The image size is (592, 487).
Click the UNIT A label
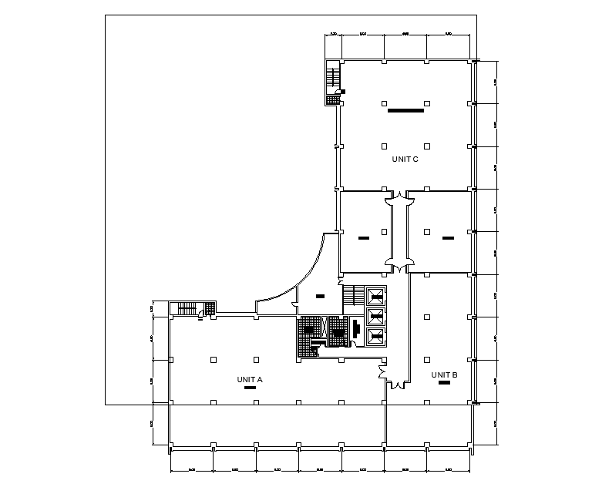tap(251, 379)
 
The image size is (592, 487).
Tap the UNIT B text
tap(445, 375)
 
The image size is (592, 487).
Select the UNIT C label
tap(405, 160)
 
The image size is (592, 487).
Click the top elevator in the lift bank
tap(375, 295)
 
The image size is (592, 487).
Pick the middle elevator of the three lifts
tap(375, 315)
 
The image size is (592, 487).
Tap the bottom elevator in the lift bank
tap(375, 335)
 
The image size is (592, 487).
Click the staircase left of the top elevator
tap(352, 296)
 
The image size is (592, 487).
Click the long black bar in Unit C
tap(405, 111)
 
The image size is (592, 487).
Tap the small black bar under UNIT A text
tap(250, 389)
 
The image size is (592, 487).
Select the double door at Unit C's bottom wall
tap(399, 196)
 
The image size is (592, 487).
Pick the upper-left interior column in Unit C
tap(383, 102)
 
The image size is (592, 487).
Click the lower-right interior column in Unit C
tap(427, 145)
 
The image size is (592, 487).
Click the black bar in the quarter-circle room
tap(320, 295)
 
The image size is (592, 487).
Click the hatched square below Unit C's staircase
tap(333, 99)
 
